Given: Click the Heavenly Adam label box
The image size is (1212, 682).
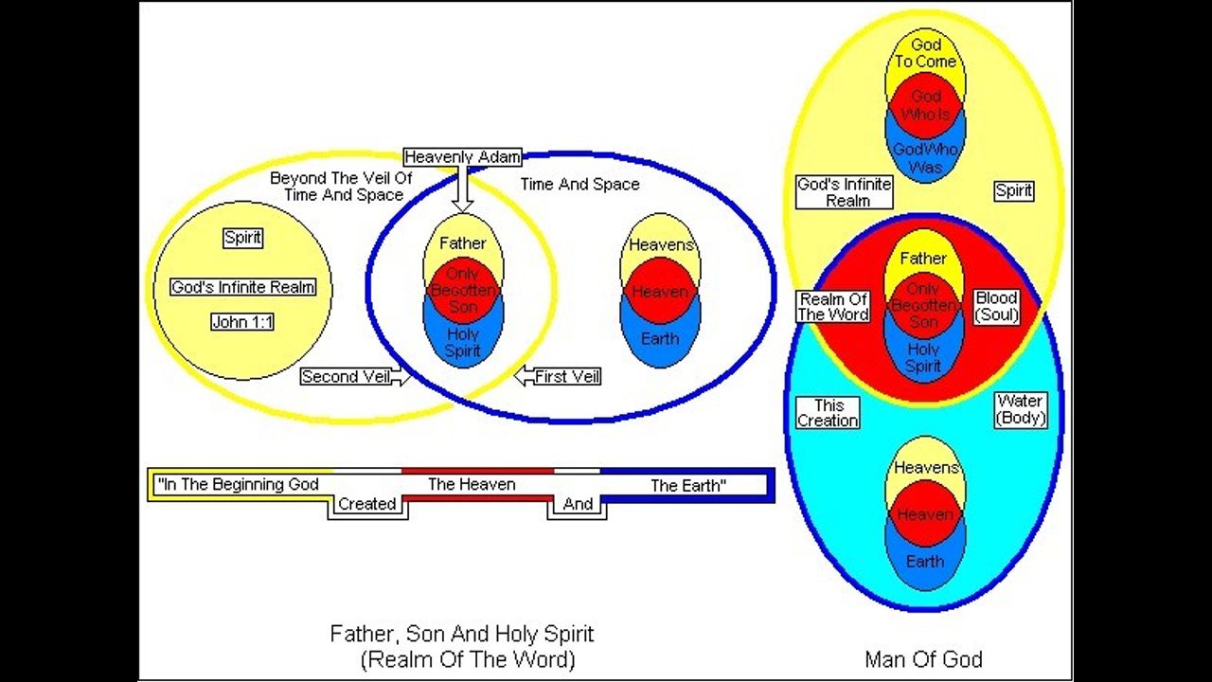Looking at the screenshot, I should click(462, 157).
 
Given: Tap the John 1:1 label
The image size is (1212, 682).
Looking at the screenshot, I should click(242, 322).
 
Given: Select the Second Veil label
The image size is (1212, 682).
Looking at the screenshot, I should click(346, 377).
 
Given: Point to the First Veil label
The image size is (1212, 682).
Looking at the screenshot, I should click(566, 377).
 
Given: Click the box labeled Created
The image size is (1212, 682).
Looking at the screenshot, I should click(366, 505).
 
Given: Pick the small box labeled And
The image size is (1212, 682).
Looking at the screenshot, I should click(578, 505).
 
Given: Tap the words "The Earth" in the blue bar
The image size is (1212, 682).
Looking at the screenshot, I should click(688, 486).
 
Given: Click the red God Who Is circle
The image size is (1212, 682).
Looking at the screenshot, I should click(925, 105).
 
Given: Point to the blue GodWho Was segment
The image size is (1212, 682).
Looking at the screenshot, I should click(925, 158).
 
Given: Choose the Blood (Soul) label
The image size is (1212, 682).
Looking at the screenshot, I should click(996, 306).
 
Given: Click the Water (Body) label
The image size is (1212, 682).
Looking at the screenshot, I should click(1021, 410).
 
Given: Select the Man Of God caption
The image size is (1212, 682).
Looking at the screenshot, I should click(923, 659).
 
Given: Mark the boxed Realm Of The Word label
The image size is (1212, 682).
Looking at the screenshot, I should click(833, 306).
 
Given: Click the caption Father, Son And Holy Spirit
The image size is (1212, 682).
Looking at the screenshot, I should click(462, 634).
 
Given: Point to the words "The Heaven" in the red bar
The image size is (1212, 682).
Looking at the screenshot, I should click(472, 485).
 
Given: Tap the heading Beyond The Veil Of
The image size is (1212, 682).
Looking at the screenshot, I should click(341, 178).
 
